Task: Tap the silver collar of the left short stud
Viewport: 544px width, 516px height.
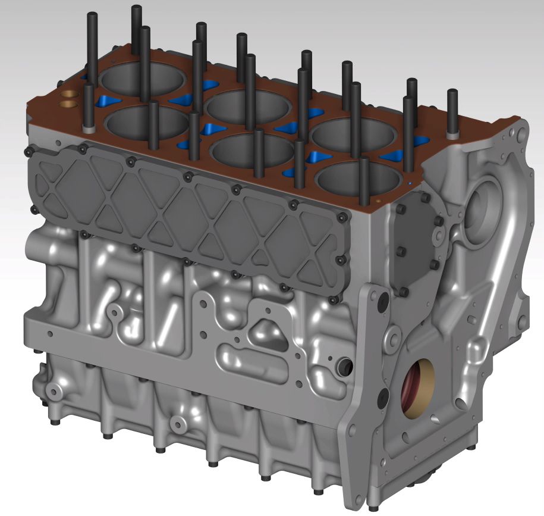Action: pyautogui.click(x=89, y=128)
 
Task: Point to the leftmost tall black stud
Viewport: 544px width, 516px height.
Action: pyautogui.click(x=92, y=45)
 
